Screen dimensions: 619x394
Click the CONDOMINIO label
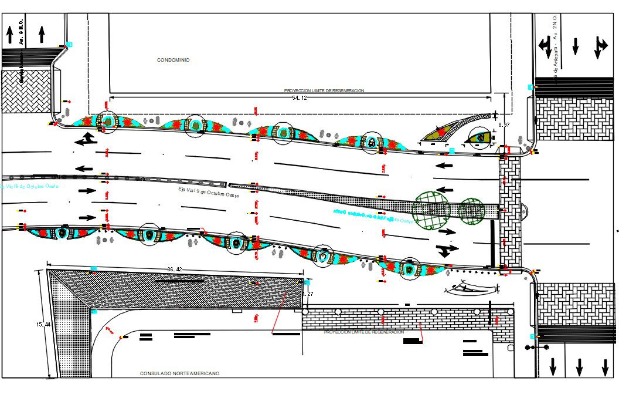pos(174,60)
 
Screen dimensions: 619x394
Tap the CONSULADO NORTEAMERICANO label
pos(179,373)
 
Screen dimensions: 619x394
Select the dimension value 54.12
pos(299,98)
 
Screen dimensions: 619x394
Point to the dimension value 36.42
pos(175,269)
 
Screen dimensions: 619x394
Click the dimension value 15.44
pos(43,325)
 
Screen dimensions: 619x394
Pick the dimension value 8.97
pos(504,125)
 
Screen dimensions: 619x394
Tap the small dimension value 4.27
pos(308,294)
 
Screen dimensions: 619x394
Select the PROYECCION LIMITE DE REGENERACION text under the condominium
pos(324,90)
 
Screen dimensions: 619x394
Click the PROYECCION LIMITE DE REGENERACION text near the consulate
pos(363,332)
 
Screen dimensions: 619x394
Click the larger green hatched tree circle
pos(431,210)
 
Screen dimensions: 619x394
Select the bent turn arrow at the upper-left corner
pos(86,139)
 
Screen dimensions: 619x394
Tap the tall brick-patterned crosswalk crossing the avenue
pos(510,211)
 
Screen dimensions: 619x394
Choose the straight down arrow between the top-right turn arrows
pos(576,45)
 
